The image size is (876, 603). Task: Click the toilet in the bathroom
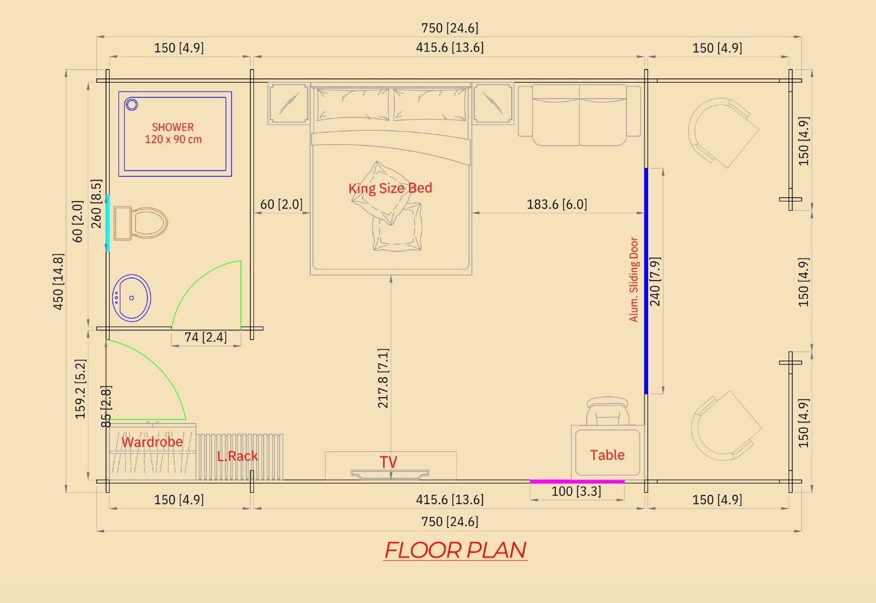pyautogui.click(x=141, y=223)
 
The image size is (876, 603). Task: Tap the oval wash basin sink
pyautogui.click(x=131, y=298)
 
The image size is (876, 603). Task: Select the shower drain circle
pyautogui.click(x=131, y=105)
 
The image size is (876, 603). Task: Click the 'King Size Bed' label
pyautogui.click(x=390, y=188)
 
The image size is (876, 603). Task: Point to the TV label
pyautogui.click(x=389, y=462)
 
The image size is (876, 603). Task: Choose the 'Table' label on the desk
pyautogui.click(x=607, y=455)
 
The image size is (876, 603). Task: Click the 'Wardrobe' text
pyautogui.click(x=152, y=442)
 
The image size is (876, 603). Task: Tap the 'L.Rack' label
pyautogui.click(x=237, y=456)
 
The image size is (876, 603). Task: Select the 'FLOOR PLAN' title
pyautogui.click(x=456, y=550)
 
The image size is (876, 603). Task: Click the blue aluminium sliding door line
pyautogui.click(x=646, y=281)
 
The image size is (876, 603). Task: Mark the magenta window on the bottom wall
pyautogui.click(x=577, y=482)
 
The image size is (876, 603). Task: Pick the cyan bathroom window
pyautogui.click(x=108, y=223)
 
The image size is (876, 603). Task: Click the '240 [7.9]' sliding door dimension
pyautogui.click(x=655, y=281)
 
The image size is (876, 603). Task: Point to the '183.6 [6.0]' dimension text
pyautogui.click(x=557, y=204)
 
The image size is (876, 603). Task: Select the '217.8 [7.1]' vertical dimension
pyautogui.click(x=383, y=378)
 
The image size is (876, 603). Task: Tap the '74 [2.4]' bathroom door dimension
pyautogui.click(x=205, y=337)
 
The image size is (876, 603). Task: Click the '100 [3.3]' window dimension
pyautogui.click(x=577, y=491)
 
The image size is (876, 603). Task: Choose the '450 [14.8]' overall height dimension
pyautogui.click(x=58, y=281)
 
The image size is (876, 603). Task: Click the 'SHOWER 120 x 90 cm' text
pyautogui.click(x=173, y=133)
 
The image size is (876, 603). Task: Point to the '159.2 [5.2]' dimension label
pyautogui.click(x=80, y=389)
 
